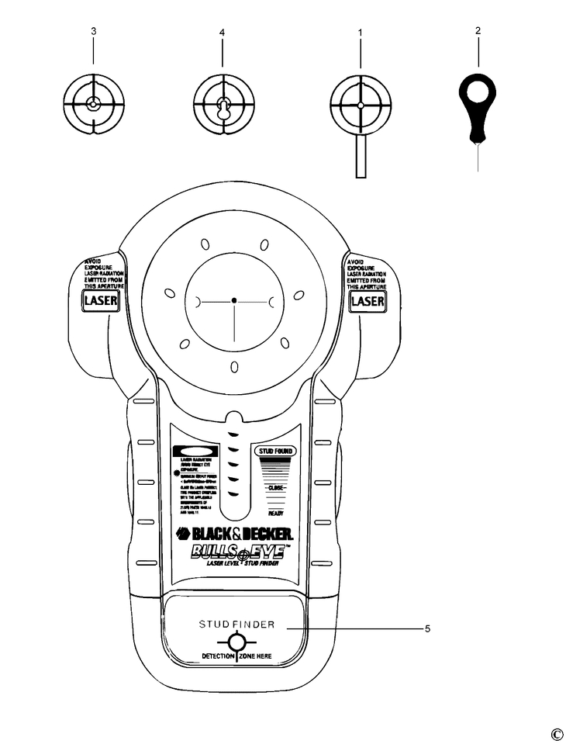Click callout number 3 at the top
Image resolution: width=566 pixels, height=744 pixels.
coord(93,32)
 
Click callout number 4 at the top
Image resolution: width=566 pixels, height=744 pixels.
coord(222,33)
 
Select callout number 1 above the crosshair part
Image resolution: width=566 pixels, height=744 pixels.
coord(360,33)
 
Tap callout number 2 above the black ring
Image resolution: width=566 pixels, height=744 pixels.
coord(478,31)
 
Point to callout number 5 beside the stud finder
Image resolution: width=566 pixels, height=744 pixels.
coord(427,628)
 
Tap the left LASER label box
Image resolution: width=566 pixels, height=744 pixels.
coord(101,300)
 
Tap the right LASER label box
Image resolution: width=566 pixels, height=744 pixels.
coord(368,300)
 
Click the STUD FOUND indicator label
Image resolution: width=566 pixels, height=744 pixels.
coord(274,450)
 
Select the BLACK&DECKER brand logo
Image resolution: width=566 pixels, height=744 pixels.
coord(234,534)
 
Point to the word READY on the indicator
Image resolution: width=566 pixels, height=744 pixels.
coord(275,513)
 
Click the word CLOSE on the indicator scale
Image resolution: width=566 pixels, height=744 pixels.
coord(275,488)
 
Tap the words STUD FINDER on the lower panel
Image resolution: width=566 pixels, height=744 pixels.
coord(236,625)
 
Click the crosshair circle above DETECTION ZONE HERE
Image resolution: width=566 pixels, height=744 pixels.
coord(236,642)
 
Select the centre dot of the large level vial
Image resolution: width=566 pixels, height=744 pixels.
coord(233,299)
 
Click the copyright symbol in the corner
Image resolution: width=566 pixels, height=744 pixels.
coord(557,734)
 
